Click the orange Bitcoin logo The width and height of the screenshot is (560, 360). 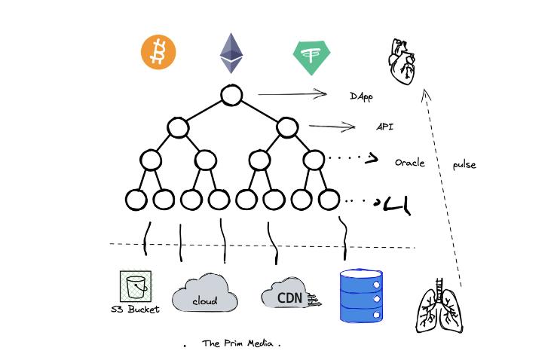[x=158, y=53]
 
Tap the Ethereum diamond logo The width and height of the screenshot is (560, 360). [x=232, y=53]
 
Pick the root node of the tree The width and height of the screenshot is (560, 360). [x=231, y=96]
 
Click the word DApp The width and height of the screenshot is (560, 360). [x=361, y=96]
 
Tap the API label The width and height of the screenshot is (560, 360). [x=384, y=127]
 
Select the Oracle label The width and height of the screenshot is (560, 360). [x=410, y=163]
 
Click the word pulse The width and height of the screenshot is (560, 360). [x=464, y=165]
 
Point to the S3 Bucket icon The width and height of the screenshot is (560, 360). [x=136, y=286]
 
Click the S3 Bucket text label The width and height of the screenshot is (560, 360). [x=136, y=309]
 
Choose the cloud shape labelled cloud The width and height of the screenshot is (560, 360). [x=204, y=294]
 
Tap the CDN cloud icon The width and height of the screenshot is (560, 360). [x=289, y=297]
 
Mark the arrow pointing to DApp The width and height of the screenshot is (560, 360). [x=291, y=94]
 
